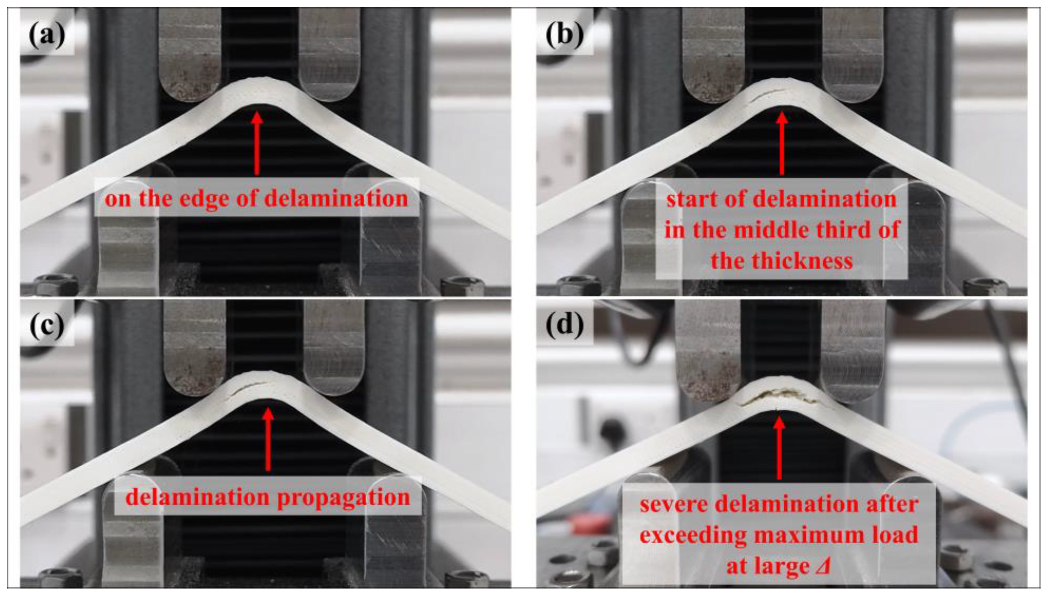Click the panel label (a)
pyautogui.click(x=47, y=34)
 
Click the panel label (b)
pyautogui.click(x=564, y=34)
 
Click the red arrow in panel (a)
pyautogui.click(x=257, y=144)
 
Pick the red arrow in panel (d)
pyautogui.click(x=779, y=448)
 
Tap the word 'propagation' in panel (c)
pyautogui.click(x=343, y=498)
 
